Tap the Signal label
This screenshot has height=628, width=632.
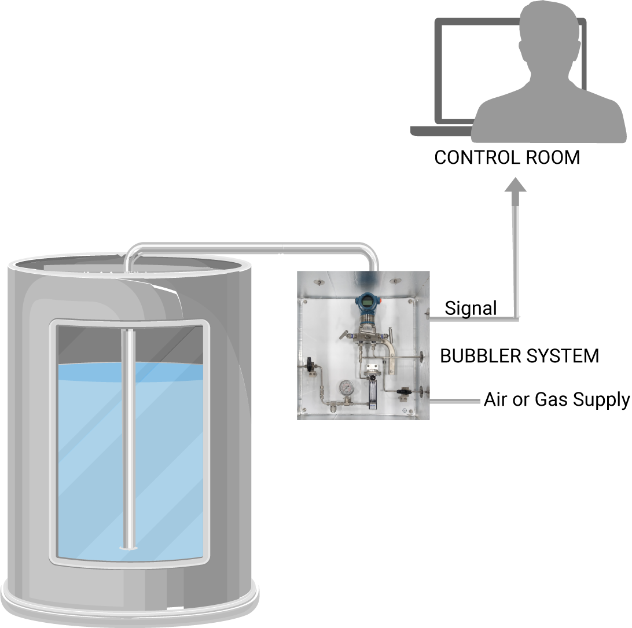point(471,309)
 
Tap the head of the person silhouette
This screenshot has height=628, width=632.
point(541,34)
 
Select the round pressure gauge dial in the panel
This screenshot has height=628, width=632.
point(346,388)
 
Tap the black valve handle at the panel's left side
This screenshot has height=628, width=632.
point(310,364)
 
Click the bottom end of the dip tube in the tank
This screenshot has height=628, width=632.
point(128,548)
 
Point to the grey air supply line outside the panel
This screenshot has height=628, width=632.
point(455,401)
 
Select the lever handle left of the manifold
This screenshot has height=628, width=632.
point(344,334)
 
